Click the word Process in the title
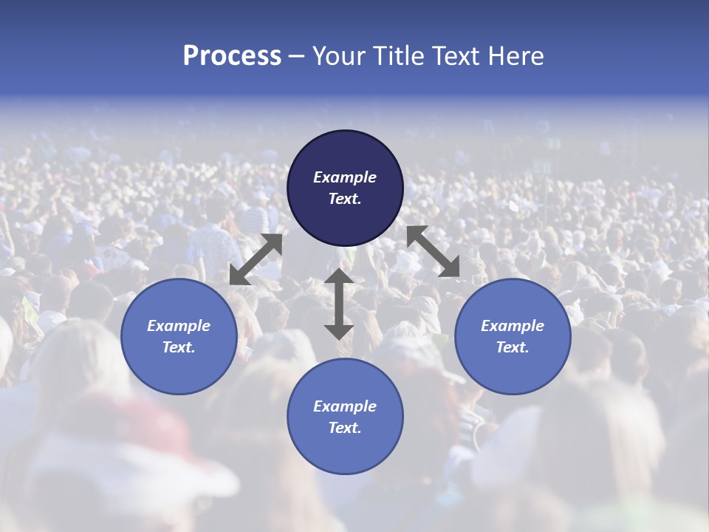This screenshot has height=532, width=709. tap(232, 56)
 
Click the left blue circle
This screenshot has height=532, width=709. tap(179, 336)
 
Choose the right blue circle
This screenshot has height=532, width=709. tap(513, 336)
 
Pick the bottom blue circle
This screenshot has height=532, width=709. tap(345, 417)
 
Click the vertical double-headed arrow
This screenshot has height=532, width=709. tap(339, 304)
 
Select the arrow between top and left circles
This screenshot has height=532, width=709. tap(256, 259)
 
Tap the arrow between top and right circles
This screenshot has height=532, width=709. tap(434, 251)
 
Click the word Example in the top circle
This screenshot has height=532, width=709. tap(345, 177)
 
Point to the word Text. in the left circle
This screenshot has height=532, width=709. tap(179, 347)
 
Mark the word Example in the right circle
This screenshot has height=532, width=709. tap(513, 326)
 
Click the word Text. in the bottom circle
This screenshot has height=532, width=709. tap(345, 428)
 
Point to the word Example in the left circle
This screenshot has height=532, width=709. tap(179, 326)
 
